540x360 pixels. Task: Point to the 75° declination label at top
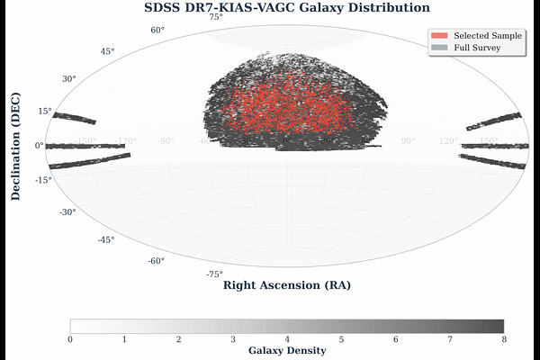pyautogui.click(x=216, y=17)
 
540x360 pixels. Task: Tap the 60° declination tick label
pyautogui.click(x=157, y=30)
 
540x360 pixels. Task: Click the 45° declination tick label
pyautogui.click(x=107, y=51)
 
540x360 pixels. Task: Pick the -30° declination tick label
pyautogui.click(x=67, y=212)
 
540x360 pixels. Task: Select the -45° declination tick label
pyautogui.click(x=105, y=239)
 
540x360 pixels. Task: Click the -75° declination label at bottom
pyautogui.click(x=215, y=274)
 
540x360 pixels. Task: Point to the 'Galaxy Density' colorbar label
pyautogui.click(x=287, y=351)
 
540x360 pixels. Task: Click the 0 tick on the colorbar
pyautogui.click(x=70, y=339)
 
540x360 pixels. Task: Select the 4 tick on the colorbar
pyautogui.click(x=287, y=339)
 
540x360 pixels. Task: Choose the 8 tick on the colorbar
pyautogui.click(x=504, y=339)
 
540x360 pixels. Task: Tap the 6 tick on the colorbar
pyautogui.click(x=396, y=339)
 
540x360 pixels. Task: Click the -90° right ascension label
pyautogui.click(x=166, y=141)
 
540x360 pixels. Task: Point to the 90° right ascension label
pyautogui.click(x=408, y=141)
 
